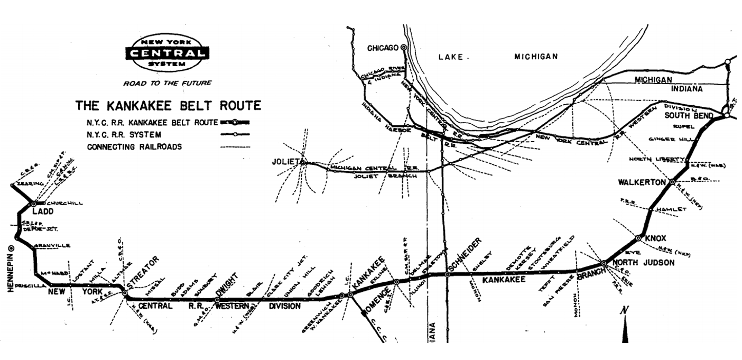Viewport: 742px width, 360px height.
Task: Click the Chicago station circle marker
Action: [x=404, y=47]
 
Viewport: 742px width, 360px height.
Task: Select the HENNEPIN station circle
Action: [x=11, y=247]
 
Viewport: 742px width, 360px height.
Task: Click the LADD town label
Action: [x=33, y=212]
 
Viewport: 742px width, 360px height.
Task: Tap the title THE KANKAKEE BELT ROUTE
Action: [x=168, y=106]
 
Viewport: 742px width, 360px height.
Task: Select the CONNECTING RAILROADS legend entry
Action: [x=134, y=146]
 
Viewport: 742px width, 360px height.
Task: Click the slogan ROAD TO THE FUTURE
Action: [x=167, y=83]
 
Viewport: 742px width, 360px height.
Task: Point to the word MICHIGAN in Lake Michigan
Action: [x=536, y=57]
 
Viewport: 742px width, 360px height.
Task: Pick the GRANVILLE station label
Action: [x=51, y=246]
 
